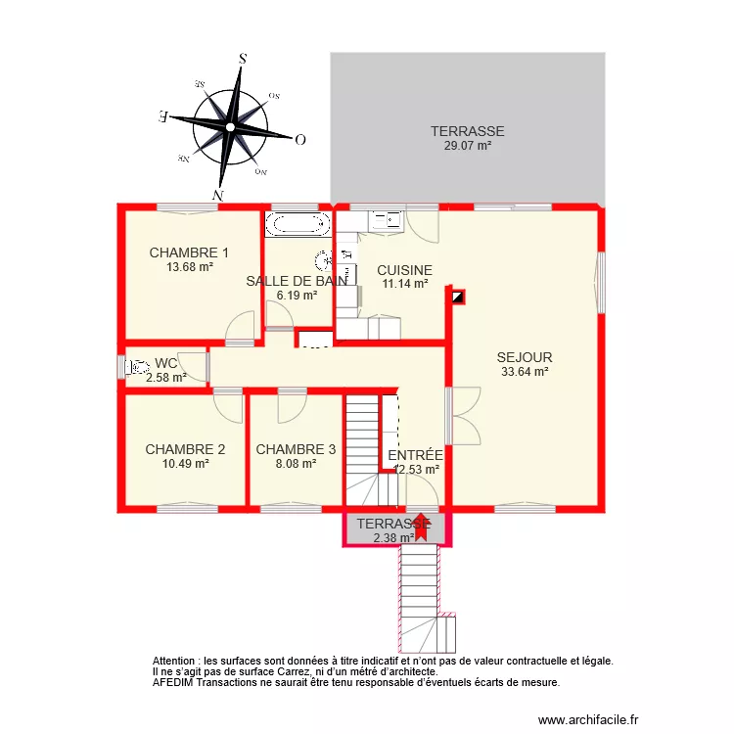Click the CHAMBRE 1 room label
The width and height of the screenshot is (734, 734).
point(189,252)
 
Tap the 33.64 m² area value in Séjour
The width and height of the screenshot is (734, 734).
point(524,371)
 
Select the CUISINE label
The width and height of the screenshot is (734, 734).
point(404,270)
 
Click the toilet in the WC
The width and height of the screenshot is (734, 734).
point(134,367)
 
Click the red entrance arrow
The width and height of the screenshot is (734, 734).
point(422,526)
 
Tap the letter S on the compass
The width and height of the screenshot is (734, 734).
point(242,58)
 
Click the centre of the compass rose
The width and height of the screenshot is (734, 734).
point(229,126)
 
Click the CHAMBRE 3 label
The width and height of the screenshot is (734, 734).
point(296,449)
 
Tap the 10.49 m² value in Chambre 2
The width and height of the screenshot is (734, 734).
point(185,464)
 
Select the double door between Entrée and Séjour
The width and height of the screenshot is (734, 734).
point(463,416)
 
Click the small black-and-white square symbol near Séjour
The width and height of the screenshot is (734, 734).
point(458,296)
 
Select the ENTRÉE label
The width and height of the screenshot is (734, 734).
point(415,455)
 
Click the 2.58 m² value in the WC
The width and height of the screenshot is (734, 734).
point(164,377)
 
